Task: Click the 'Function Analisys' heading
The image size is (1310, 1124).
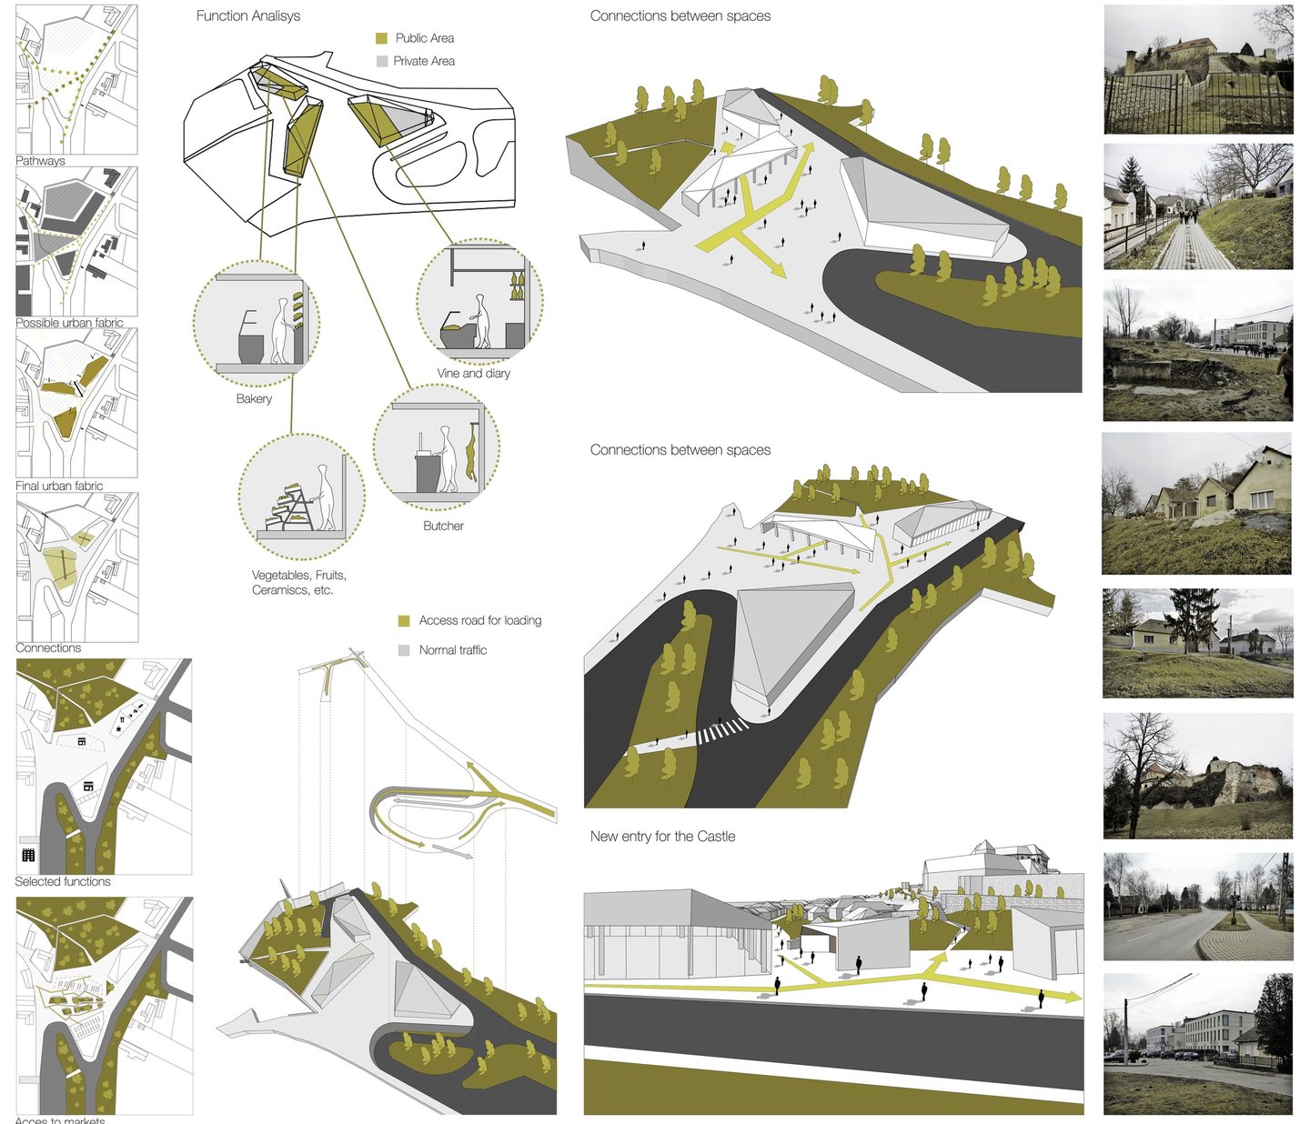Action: click(247, 16)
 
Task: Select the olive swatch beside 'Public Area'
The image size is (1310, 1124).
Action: click(382, 38)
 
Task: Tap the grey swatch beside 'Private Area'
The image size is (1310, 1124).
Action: click(382, 61)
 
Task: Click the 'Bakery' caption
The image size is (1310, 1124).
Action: click(254, 398)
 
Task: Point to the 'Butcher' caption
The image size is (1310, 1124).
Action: click(443, 526)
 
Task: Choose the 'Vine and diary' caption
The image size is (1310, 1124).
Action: click(473, 373)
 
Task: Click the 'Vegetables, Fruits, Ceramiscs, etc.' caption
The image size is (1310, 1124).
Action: click(298, 582)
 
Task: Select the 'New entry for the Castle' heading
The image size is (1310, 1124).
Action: click(662, 837)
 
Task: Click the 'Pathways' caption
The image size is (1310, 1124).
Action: click(40, 161)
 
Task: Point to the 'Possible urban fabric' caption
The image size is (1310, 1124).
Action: click(69, 323)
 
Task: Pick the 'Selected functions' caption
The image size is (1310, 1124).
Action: click(63, 881)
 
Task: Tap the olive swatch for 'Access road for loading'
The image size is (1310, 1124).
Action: click(404, 621)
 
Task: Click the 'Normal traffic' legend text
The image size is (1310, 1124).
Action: click(452, 650)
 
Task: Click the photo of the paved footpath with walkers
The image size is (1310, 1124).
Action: click(1198, 206)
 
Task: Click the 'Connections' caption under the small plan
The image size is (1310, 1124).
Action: click(48, 647)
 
